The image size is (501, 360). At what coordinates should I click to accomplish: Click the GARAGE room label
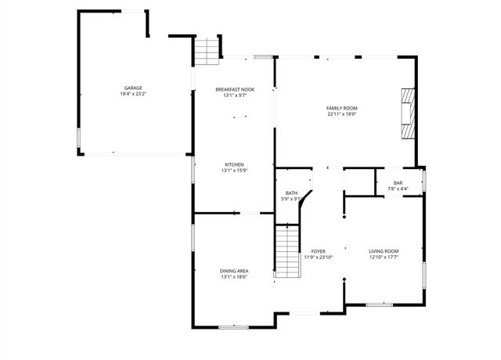coord(132,88)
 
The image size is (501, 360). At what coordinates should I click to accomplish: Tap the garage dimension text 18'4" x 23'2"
coord(132,94)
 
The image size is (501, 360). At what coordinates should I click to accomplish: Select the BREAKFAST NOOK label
coord(234,90)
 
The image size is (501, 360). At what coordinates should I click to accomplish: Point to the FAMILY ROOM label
coord(342,108)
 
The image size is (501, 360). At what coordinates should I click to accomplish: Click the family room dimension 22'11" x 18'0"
coord(342,114)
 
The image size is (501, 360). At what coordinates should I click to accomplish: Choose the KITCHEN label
coord(234,164)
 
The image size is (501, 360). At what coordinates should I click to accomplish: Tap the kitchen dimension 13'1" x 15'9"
coord(234,171)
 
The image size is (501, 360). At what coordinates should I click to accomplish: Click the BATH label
coord(291,193)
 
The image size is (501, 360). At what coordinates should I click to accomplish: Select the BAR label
coord(398,182)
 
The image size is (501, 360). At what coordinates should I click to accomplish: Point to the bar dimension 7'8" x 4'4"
coord(398,189)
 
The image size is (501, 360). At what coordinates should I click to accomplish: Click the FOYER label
coord(318,250)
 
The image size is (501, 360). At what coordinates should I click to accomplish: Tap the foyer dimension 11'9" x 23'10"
coord(318,257)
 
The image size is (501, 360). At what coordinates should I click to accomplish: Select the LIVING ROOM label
coord(384,250)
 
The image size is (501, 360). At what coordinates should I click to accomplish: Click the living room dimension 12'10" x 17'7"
coord(384,257)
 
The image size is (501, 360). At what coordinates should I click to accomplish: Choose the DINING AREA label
coord(234,271)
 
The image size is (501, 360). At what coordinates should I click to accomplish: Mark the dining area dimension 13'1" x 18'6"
coord(234,277)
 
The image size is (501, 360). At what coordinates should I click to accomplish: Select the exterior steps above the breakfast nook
coord(205,52)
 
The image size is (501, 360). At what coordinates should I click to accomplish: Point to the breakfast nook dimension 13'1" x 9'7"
coord(234,96)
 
